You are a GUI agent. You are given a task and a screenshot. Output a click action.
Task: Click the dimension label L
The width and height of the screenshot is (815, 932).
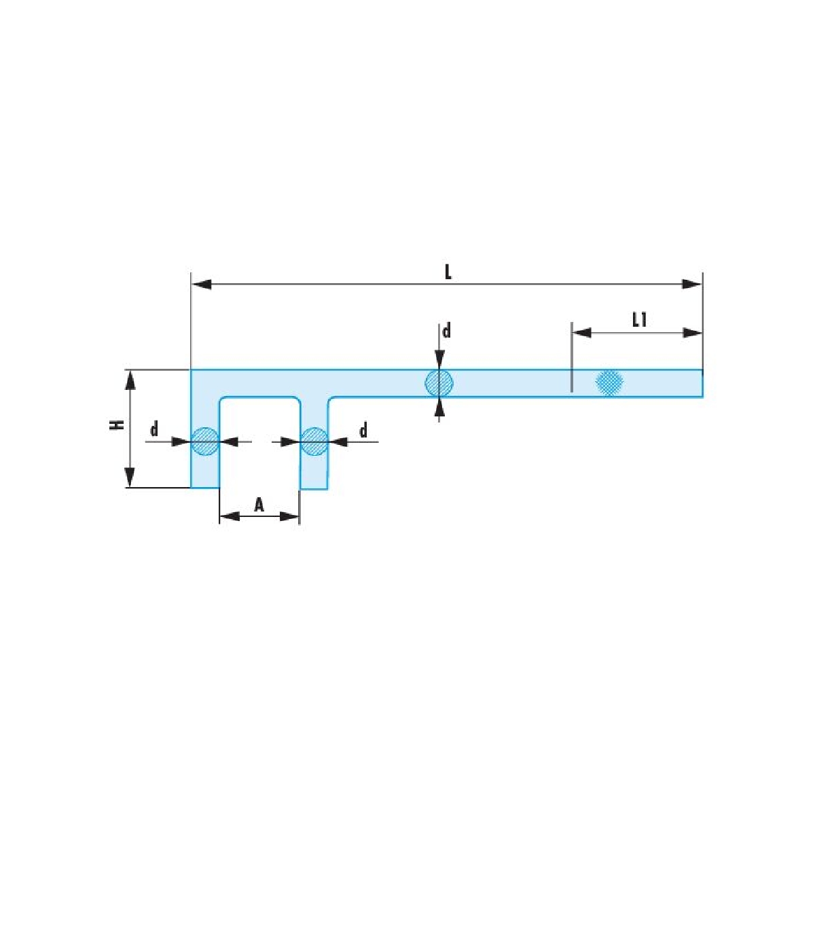tap(448, 272)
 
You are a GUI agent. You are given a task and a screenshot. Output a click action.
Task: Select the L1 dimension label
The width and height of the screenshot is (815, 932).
tap(639, 321)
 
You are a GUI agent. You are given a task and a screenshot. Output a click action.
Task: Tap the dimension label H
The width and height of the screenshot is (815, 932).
tap(117, 425)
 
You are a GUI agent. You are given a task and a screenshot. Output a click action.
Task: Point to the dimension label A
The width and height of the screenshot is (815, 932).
tap(259, 505)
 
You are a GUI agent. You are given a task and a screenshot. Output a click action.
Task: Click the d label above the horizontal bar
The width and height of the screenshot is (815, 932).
tap(447, 331)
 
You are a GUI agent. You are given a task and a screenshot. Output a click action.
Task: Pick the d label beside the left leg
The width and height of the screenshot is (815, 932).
tap(154, 429)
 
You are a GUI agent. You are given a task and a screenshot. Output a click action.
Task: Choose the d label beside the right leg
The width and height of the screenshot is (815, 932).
tap(363, 431)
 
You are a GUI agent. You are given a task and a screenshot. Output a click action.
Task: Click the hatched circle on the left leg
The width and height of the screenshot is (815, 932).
tap(205, 442)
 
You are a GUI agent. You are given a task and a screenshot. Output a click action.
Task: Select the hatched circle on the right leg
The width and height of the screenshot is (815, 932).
tap(314, 442)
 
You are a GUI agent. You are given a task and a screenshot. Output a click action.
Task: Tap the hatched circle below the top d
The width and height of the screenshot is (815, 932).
tap(439, 382)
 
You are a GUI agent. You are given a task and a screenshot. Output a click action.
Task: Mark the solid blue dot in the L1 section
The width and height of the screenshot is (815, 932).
tap(610, 382)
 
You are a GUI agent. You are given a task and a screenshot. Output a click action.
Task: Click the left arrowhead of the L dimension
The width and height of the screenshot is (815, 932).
tap(201, 285)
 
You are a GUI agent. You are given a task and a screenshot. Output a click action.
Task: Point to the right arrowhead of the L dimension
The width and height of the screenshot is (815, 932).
tap(691, 285)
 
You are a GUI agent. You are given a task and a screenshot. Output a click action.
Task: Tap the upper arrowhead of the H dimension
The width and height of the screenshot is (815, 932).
tap(130, 380)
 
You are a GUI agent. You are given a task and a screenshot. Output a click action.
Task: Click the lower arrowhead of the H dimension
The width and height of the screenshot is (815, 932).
tap(130, 477)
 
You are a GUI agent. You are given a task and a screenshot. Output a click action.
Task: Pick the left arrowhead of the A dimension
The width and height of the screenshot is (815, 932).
tap(230, 516)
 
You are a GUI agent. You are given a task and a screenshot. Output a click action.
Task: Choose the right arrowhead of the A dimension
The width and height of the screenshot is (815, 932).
tap(289, 516)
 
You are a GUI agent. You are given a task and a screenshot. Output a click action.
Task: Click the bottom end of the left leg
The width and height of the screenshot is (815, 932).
tap(205, 488)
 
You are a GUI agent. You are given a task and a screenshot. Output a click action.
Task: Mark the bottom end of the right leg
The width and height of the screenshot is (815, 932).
tap(314, 489)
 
